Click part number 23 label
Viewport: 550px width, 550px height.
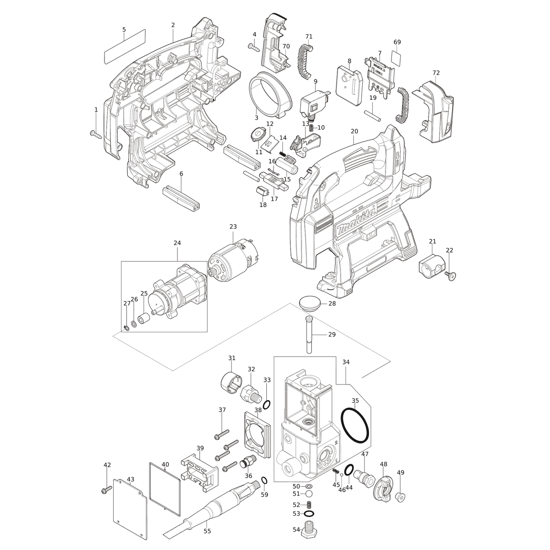pos(233,226)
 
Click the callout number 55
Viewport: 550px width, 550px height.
pos(207,531)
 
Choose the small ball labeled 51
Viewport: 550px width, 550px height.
pos(308,494)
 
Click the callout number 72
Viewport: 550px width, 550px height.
pos(436,73)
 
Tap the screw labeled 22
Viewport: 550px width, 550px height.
pos(450,276)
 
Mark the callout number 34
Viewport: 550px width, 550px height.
pos(346,362)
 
